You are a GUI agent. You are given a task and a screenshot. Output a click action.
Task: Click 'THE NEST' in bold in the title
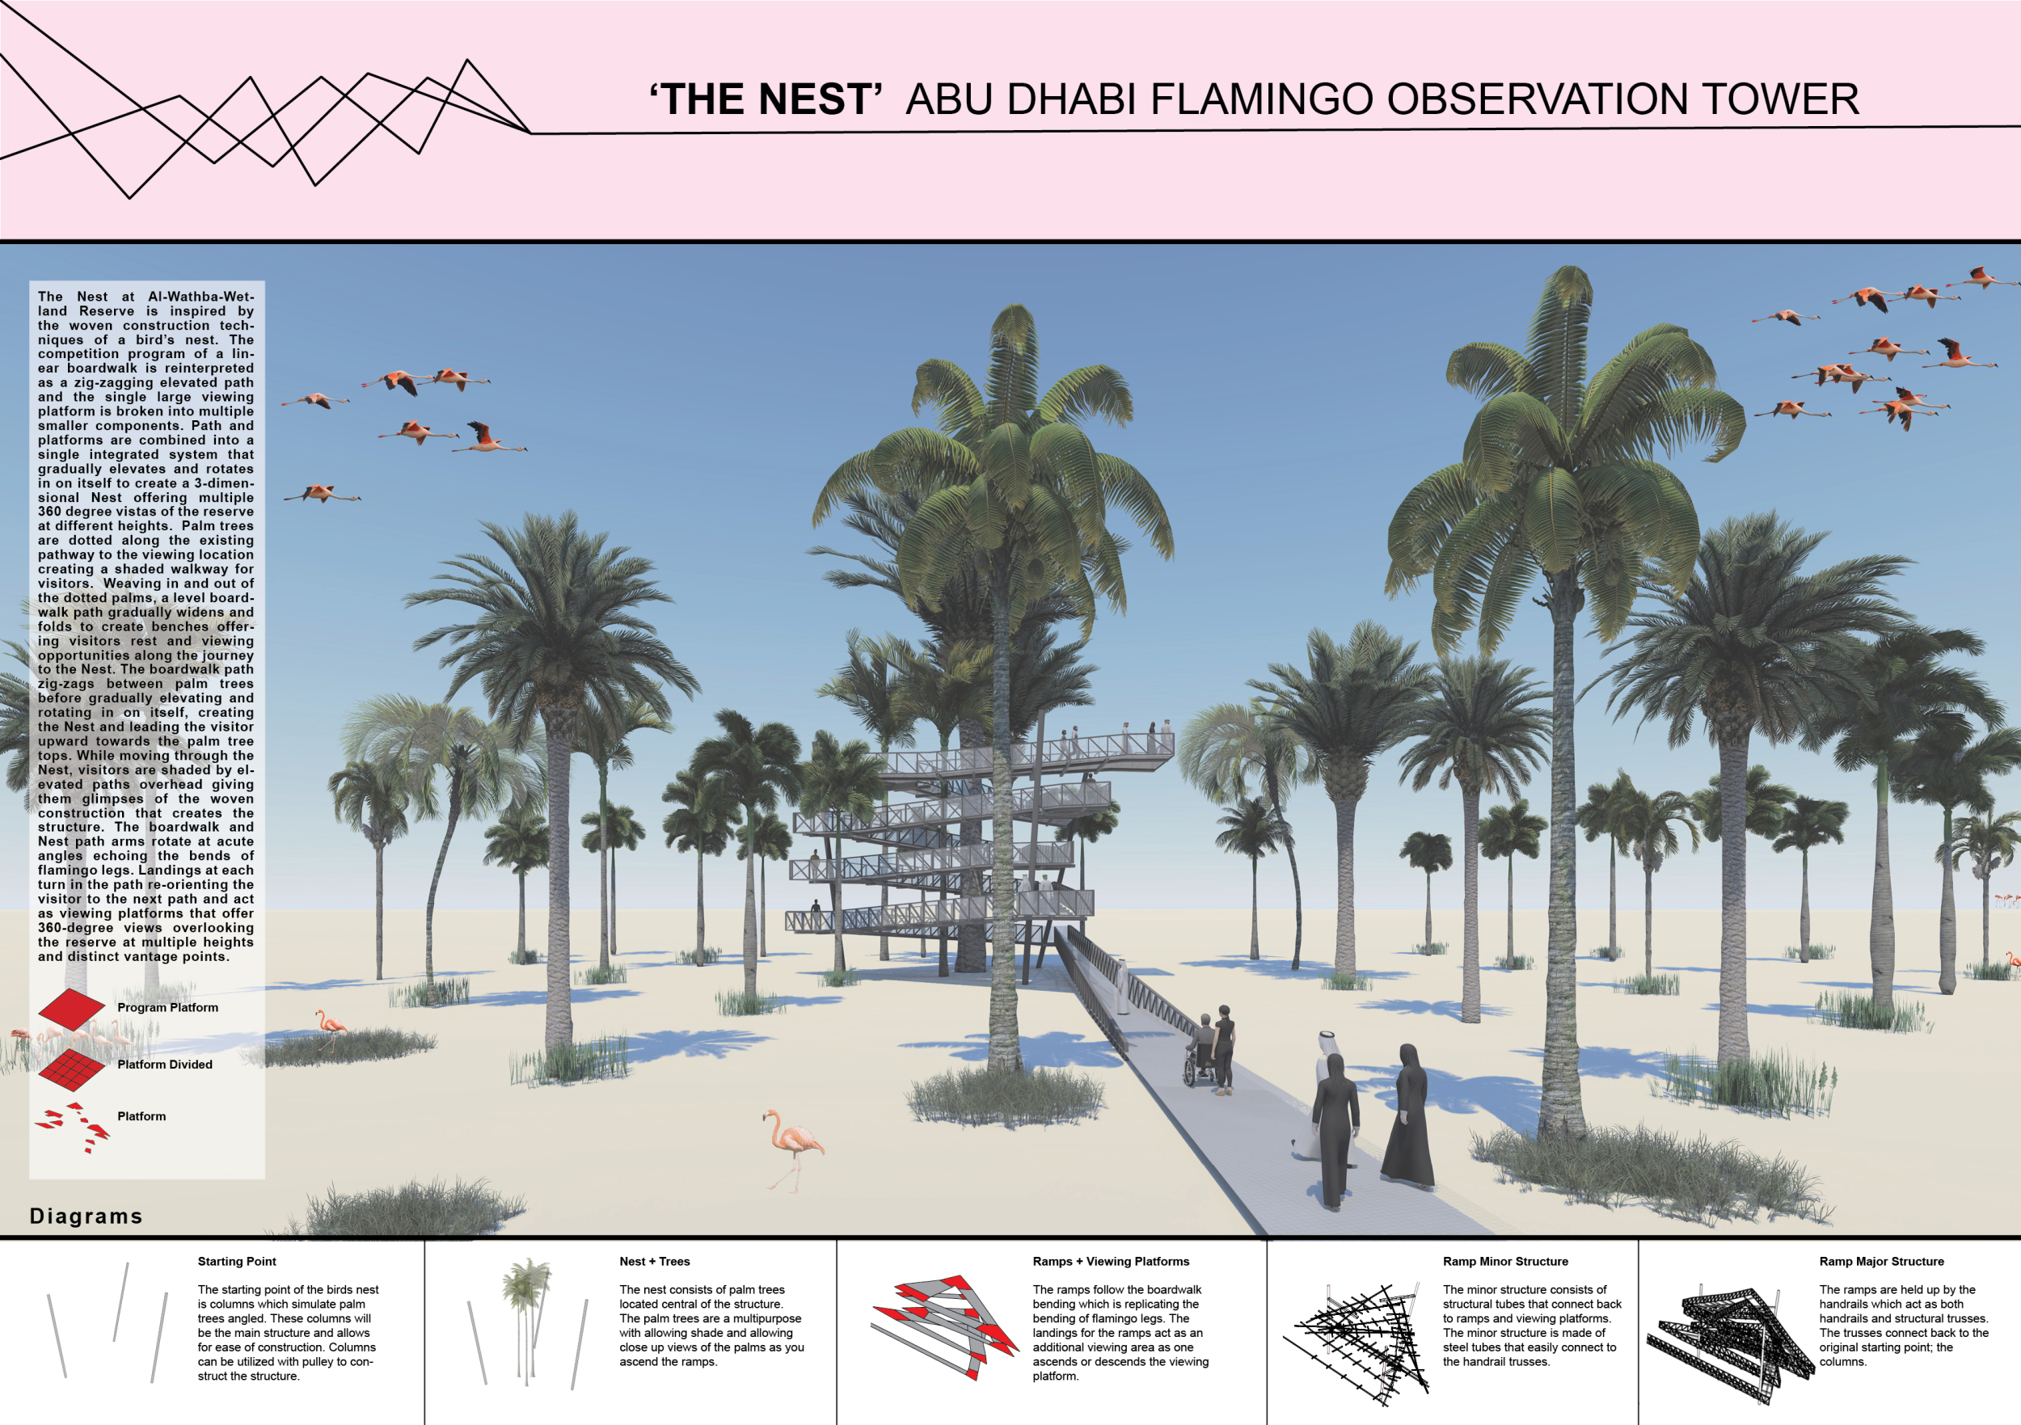click(x=766, y=99)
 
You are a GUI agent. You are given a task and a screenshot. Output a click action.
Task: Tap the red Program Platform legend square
click(x=71, y=1008)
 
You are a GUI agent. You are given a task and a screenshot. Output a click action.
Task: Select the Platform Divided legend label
click(x=165, y=1065)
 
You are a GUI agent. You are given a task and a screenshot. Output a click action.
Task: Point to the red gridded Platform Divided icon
click(x=71, y=1066)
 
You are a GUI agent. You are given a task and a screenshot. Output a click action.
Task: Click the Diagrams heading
click(x=86, y=1216)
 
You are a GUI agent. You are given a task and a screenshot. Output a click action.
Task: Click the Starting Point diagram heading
click(x=237, y=1261)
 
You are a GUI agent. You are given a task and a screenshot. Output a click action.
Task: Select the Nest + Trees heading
click(x=654, y=1261)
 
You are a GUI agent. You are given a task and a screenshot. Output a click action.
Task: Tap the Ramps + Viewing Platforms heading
click(x=1111, y=1261)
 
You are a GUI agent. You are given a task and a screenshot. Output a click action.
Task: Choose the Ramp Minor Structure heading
click(x=1505, y=1261)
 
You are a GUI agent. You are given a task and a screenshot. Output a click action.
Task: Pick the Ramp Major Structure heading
click(x=1882, y=1261)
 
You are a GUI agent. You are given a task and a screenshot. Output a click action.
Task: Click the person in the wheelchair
click(x=1200, y=1050)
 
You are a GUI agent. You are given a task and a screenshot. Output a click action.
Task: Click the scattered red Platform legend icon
click(x=72, y=1127)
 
